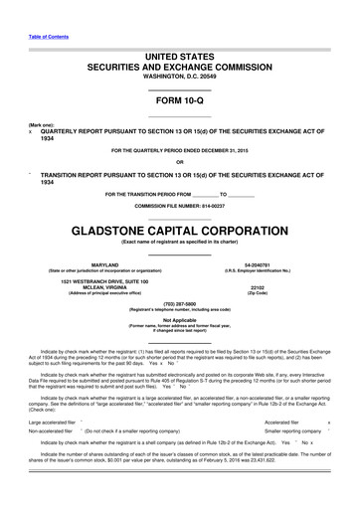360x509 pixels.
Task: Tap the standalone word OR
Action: point(179,163)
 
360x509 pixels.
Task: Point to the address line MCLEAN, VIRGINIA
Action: point(97,289)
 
